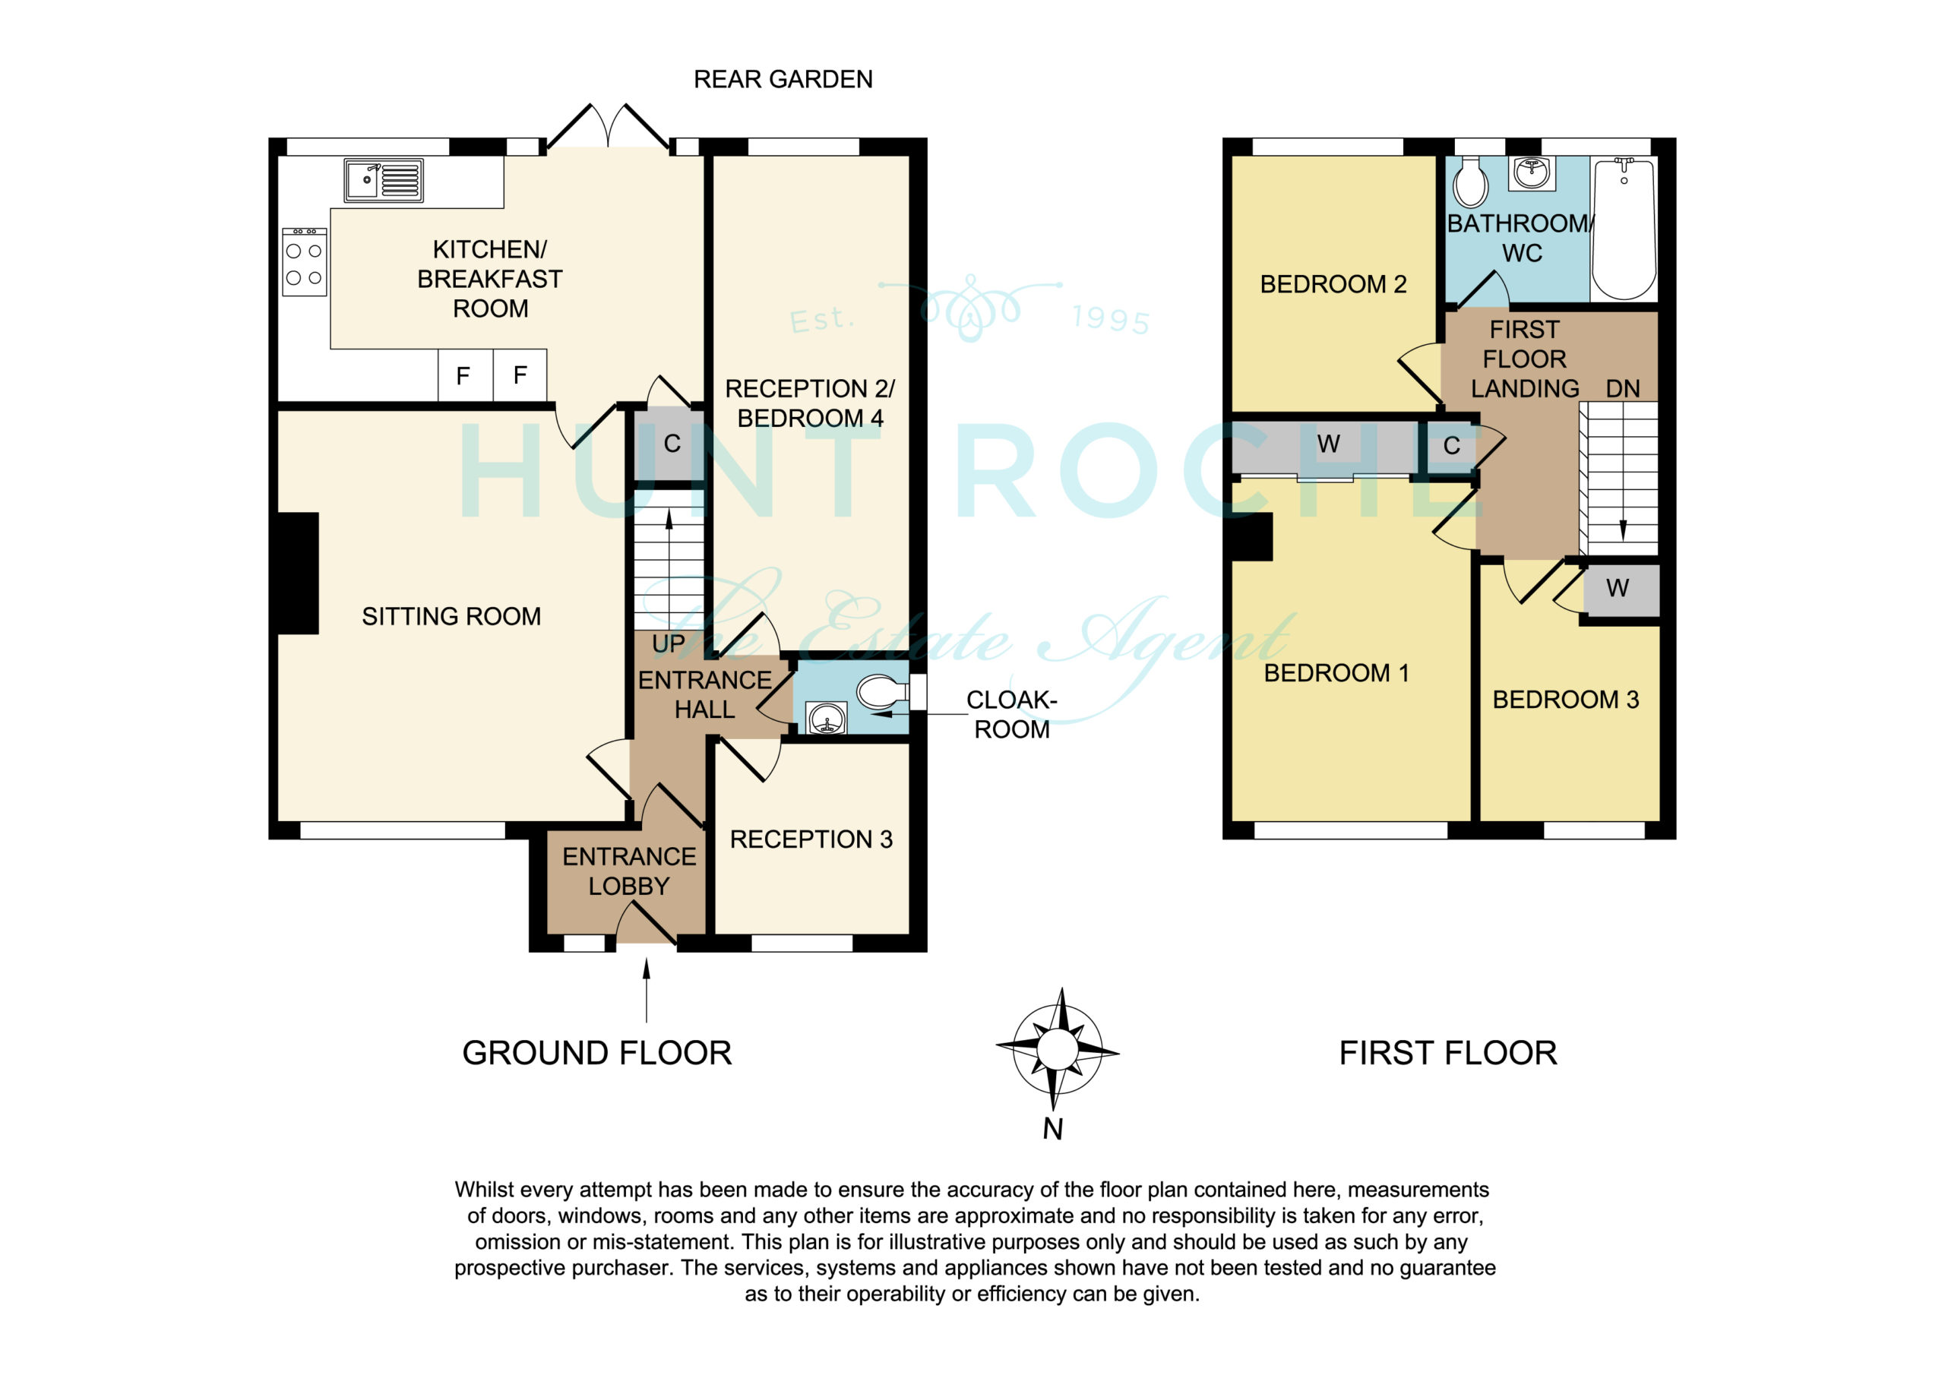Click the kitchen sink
pos(383,181)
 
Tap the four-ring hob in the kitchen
pos(304,262)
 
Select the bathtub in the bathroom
pos(1623,228)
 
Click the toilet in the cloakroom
pos(882,691)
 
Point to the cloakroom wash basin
pos(825,719)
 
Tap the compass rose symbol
pos(1057,1050)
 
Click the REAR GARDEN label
pos(783,80)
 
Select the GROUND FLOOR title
pos(596,1053)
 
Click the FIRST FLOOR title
pos(1448,1053)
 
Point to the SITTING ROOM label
pos(451,616)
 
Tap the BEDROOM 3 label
pos(1565,700)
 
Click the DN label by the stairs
pos(1623,389)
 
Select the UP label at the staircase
pos(669,644)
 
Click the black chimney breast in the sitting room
pos(298,574)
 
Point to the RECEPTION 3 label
pos(811,839)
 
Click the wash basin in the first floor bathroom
pos(1532,174)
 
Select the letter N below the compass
pos(1052,1130)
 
